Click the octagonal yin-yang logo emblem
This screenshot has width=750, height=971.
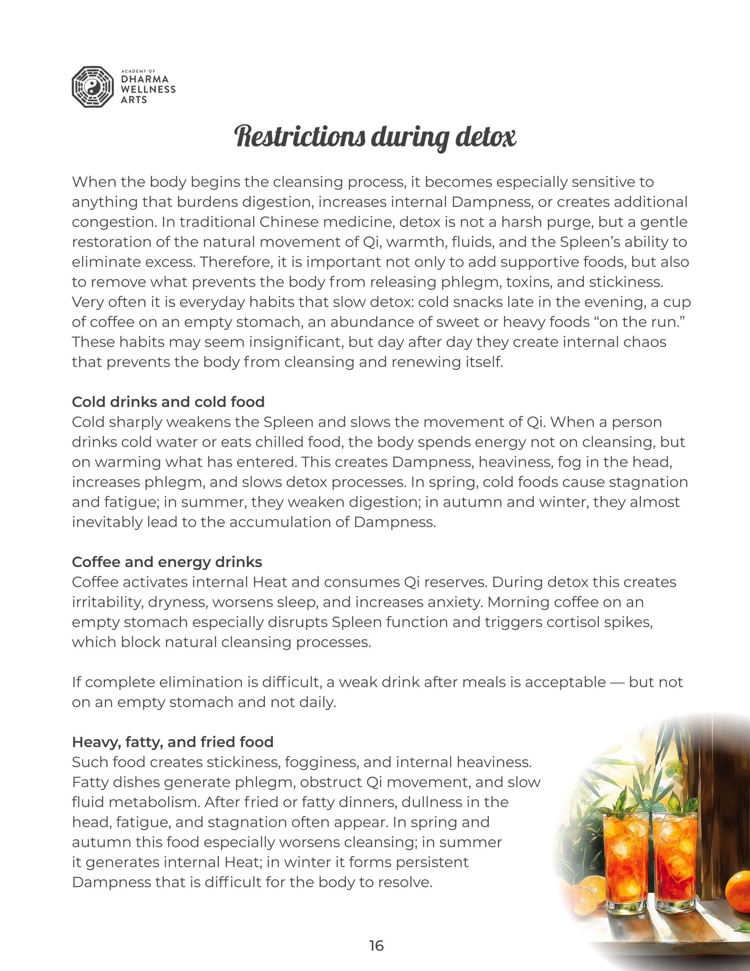click(x=93, y=87)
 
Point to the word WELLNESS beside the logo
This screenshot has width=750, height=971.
click(x=148, y=90)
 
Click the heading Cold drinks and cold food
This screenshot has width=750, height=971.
click(x=168, y=402)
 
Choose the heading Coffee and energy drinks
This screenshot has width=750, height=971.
click(x=167, y=562)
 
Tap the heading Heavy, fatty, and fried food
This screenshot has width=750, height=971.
click(x=173, y=742)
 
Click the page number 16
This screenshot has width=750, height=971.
click(x=376, y=946)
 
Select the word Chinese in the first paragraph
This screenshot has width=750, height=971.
click(x=290, y=222)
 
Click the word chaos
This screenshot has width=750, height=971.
click(x=645, y=342)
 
